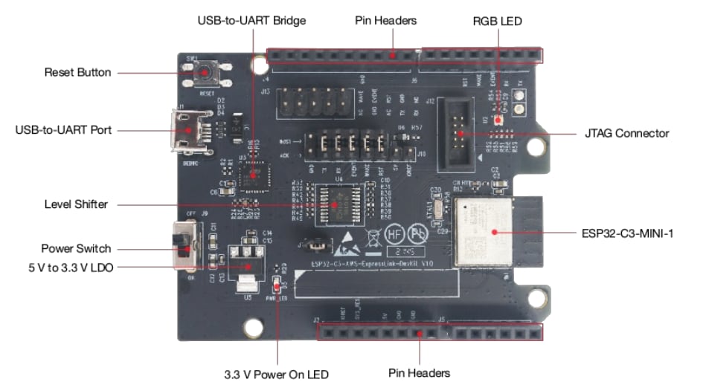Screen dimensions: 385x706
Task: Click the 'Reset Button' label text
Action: pos(77,72)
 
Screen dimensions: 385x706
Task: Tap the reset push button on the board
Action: pos(204,72)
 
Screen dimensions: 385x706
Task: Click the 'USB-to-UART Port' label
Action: pos(63,130)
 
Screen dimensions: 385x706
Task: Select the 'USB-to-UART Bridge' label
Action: pos(251,20)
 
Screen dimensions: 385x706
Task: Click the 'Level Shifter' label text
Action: pos(76,204)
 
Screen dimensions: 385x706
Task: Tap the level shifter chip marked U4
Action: pos(338,203)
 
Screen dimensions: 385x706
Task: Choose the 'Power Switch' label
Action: pos(76,248)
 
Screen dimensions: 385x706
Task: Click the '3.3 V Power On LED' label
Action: pos(276,374)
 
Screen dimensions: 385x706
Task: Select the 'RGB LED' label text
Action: pos(497,21)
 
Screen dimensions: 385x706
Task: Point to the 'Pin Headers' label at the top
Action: pos(385,20)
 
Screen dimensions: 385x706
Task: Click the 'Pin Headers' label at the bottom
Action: pos(419,372)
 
